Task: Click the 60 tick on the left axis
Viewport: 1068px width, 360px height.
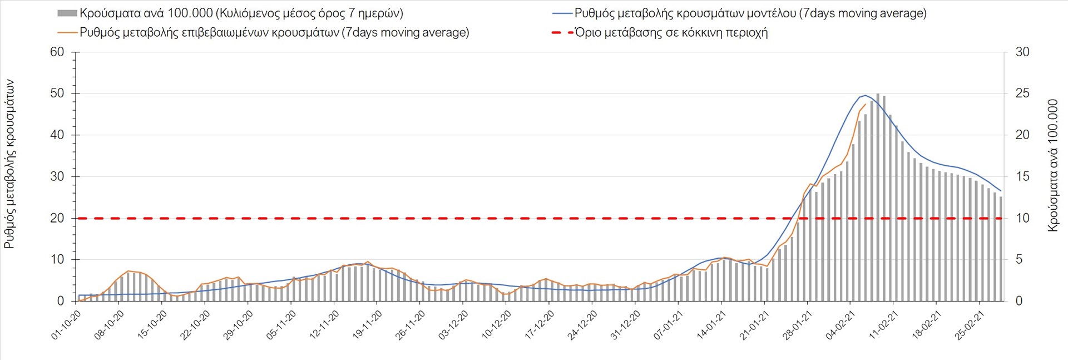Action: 57,52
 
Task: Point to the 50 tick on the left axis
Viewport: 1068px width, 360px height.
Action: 57,93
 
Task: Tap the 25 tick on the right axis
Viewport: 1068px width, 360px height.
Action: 1022,93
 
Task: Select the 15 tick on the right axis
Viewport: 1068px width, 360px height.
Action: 1022,176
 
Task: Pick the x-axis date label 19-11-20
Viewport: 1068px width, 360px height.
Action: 367,325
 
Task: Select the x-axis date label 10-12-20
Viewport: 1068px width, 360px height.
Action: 496,325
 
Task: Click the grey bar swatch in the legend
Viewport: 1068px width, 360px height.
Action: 67,13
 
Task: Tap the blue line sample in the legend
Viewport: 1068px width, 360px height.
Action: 562,13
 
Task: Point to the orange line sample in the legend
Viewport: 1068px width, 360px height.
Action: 67,32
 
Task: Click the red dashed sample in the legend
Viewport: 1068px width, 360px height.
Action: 562,32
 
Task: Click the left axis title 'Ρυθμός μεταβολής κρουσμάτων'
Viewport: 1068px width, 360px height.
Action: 9,164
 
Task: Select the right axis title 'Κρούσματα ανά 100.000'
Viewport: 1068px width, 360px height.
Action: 1052,166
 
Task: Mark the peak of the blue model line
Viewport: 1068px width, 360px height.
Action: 865,95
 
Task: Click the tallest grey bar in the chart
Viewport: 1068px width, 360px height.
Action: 878,198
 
